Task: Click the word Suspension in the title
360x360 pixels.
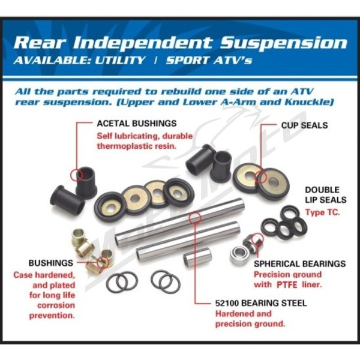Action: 283,43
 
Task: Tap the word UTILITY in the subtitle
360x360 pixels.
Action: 119,61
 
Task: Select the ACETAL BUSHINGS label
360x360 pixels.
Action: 137,124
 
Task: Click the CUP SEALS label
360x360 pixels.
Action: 304,125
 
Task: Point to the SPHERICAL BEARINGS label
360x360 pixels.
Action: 299,263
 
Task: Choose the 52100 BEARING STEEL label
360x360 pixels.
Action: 261,303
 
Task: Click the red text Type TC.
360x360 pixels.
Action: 322,212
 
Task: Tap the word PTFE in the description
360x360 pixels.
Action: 287,285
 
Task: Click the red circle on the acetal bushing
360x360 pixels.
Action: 77,175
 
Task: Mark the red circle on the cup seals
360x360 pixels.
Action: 261,176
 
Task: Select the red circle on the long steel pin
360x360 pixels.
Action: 194,218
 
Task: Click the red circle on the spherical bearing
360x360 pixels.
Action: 257,239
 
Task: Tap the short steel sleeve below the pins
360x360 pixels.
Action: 197,257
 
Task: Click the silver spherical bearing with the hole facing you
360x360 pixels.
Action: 239,255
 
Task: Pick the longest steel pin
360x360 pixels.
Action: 179,222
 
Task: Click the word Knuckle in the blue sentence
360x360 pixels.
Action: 309,102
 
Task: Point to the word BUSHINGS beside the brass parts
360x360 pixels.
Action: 51,263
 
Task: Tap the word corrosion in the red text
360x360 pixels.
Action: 56,305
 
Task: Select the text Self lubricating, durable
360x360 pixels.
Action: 145,136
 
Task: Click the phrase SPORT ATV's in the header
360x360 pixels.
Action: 209,61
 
